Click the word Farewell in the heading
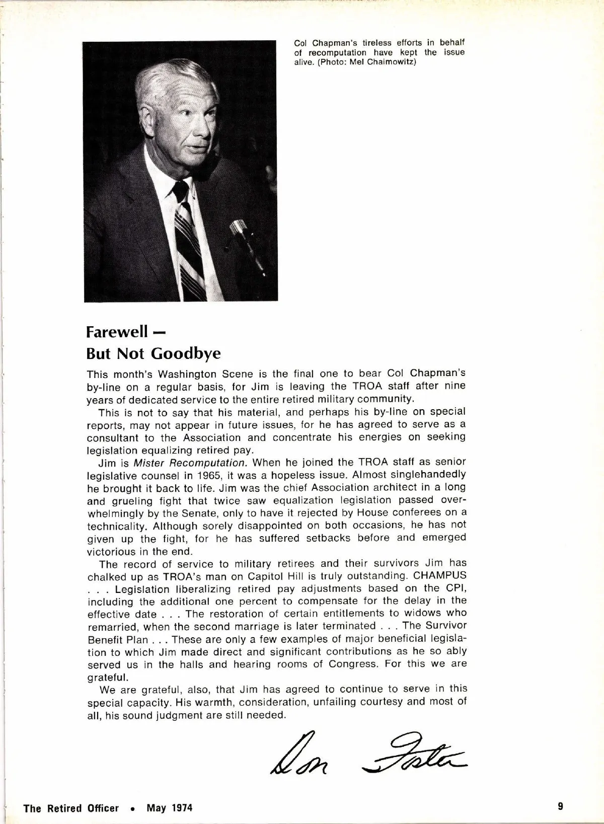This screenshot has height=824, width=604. click(x=117, y=332)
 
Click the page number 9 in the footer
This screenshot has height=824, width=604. click(x=560, y=806)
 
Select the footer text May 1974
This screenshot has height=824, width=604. click(x=170, y=808)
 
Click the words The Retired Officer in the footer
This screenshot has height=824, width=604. click(x=71, y=808)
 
